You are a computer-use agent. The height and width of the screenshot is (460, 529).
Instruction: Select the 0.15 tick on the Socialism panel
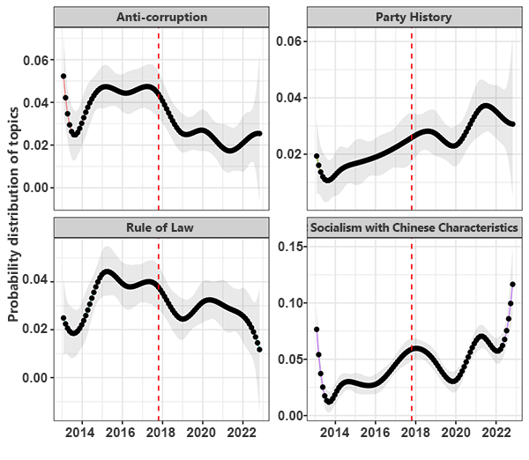[290, 246]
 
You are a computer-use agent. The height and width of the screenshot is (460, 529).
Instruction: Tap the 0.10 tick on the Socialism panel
[290, 302]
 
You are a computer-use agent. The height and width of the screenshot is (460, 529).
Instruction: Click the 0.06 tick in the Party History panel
[290, 41]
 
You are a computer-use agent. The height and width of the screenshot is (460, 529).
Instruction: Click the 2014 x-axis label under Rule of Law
[80, 434]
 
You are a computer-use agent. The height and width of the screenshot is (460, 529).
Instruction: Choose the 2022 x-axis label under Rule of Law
[243, 434]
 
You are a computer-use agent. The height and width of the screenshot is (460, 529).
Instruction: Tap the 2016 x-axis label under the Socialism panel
[375, 434]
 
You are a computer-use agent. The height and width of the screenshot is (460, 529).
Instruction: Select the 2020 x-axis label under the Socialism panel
[456, 434]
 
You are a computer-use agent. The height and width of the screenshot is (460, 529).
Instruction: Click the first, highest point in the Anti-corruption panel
[63, 77]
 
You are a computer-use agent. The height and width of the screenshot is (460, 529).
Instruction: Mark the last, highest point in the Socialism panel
[512, 285]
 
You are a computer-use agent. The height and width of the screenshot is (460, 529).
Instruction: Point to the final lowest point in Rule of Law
[259, 350]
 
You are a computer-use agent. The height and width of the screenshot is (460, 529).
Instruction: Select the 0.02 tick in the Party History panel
[290, 154]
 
